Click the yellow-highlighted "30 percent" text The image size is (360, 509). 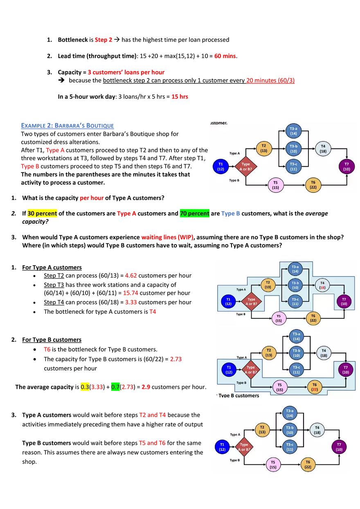point(43,213)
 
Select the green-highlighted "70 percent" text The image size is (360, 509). point(195,213)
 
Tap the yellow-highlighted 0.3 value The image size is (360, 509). point(84,387)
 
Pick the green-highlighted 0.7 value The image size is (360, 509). point(115,387)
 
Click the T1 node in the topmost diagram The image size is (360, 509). point(220,167)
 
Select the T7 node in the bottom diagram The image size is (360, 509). point(339,446)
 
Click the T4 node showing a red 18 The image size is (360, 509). point(322,285)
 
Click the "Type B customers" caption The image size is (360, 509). point(239,396)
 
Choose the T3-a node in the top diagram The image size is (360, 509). point(293,131)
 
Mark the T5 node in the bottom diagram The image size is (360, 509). point(273,464)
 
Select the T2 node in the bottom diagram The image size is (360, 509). point(262,429)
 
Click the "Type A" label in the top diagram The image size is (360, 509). point(234,154)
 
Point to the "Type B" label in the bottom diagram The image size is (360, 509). point(234,460)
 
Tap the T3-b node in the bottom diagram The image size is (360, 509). point(290,430)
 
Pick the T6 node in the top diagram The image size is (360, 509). point(313,185)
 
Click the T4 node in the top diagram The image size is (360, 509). point(323,148)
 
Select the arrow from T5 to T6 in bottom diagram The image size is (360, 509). point(290,464)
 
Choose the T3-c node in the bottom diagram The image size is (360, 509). point(290,447)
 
